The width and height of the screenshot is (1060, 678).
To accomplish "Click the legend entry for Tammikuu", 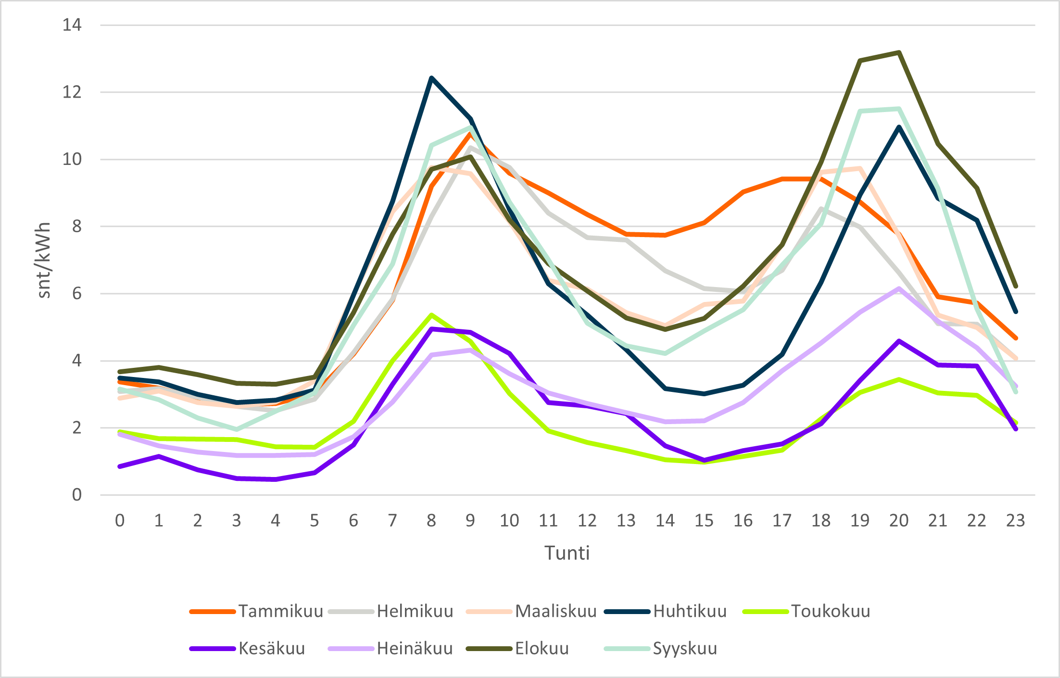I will [x=280, y=611].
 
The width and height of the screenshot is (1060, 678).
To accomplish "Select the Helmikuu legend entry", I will [x=415, y=611].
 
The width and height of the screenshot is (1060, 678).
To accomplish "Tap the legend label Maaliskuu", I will [x=555, y=611].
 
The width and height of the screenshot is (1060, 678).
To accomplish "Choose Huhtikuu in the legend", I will [x=690, y=611].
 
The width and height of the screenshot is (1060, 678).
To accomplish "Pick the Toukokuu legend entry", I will [x=831, y=611].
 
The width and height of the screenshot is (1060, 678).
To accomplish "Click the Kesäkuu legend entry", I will [x=272, y=649].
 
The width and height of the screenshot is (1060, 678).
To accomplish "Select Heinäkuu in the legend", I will [x=415, y=649].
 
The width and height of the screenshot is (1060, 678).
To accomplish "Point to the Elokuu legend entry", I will [x=542, y=649].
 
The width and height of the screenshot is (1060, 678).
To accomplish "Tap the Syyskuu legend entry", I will [x=685, y=649].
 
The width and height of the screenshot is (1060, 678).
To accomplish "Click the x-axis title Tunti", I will [x=567, y=553].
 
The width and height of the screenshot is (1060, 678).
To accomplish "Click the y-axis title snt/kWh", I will [x=44, y=260].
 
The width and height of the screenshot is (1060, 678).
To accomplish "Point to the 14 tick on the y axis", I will [x=72, y=25].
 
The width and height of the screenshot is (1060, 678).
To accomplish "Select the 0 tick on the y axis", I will [x=77, y=495].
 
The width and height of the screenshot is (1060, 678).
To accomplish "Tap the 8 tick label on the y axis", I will [x=77, y=226].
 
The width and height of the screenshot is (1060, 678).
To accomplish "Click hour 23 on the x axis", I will [x=1015, y=521].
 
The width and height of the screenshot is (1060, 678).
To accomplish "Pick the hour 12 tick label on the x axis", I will [x=587, y=521].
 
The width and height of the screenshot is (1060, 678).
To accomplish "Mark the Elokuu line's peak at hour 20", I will [x=898, y=52].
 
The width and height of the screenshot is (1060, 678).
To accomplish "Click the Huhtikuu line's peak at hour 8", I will [x=431, y=78].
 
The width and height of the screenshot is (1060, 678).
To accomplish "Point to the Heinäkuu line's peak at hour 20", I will [x=898, y=289].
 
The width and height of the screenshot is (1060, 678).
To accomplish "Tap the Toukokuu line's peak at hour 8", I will [x=431, y=315].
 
